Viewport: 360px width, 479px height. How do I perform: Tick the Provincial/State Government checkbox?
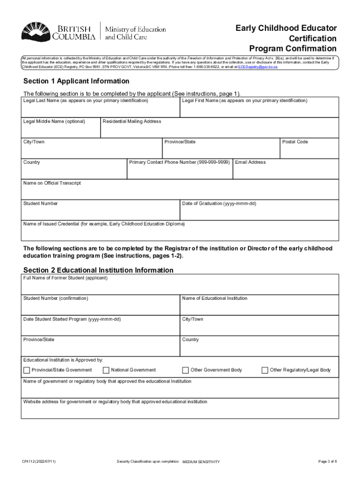27,370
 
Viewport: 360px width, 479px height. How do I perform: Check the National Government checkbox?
106,370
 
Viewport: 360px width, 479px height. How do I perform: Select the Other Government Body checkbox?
186,370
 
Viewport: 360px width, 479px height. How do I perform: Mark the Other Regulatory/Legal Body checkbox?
265,370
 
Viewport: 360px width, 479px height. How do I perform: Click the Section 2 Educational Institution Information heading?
98,270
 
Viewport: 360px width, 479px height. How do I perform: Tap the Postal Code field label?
295,142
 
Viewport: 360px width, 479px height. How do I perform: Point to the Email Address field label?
251,162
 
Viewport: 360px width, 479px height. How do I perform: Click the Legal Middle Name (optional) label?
54,121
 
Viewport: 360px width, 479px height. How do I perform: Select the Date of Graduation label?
219,203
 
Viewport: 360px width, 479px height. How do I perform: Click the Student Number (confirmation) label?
56,298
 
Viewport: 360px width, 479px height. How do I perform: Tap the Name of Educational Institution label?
215,298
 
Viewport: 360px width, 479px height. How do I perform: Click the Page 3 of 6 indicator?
327,462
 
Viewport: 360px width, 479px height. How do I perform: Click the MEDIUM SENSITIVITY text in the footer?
201,462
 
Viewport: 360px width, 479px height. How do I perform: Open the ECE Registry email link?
258,67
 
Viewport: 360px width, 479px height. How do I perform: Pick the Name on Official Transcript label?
52,183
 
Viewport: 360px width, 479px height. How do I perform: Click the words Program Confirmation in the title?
293,49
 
